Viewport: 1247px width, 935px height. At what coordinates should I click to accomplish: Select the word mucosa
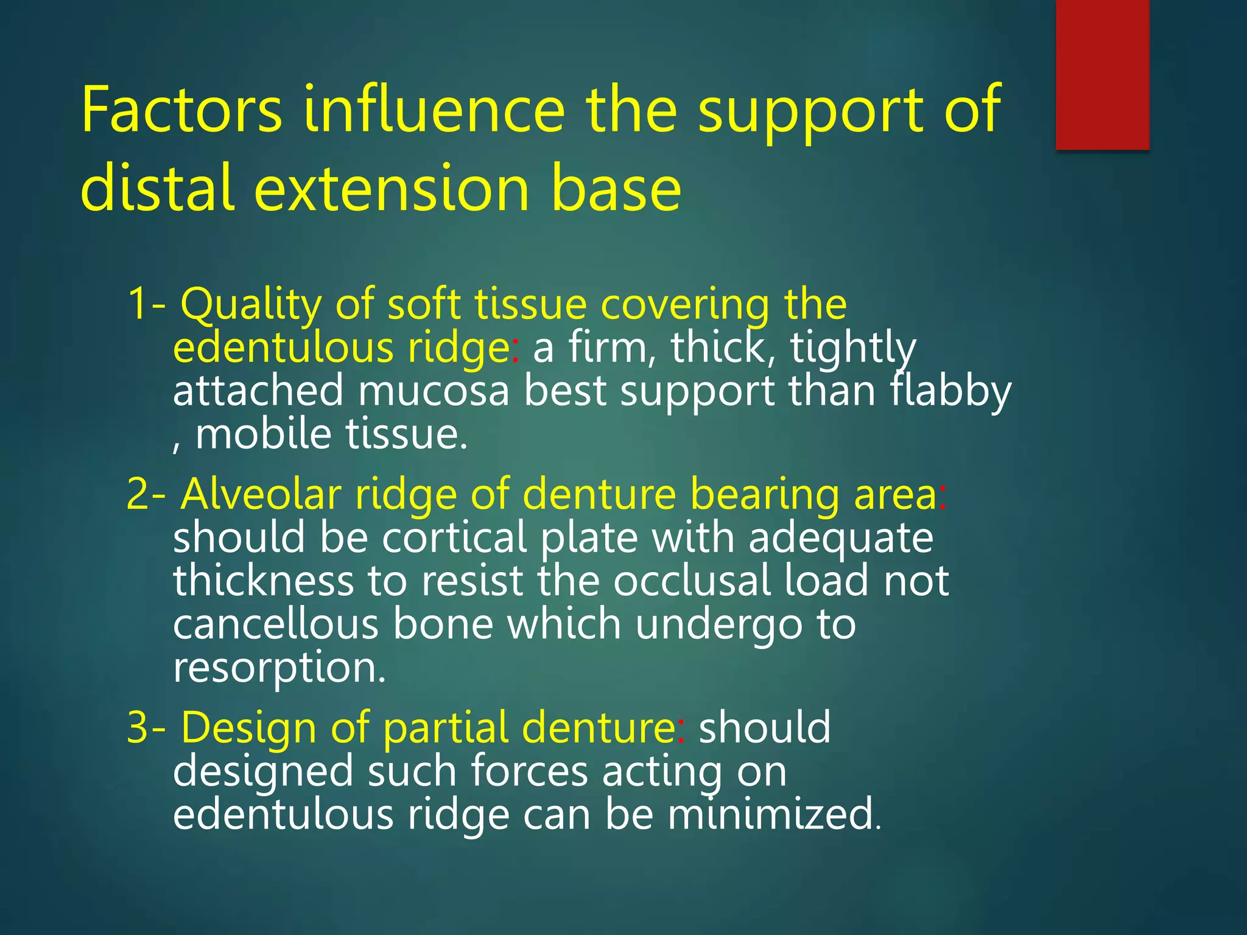(433, 391)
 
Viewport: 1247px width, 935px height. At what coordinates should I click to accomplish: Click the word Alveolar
(261, 494)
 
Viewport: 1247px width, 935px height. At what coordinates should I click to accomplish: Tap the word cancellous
(276, 625)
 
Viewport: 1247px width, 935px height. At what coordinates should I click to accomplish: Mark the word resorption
(279, 668)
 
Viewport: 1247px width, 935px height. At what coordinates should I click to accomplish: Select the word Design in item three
(249, 727)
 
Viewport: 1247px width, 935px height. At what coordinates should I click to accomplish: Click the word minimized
(773, 814)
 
